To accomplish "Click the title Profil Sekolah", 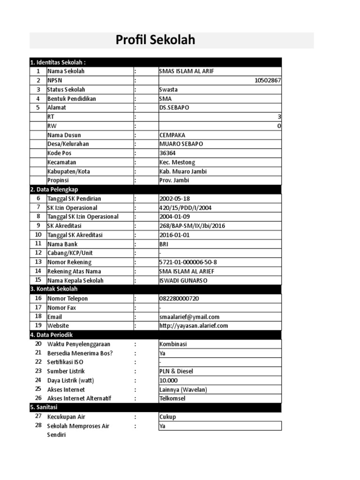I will click(155, 40).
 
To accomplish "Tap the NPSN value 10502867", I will click(267, 81).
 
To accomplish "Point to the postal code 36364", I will click(168, 153).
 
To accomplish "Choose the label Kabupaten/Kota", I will click(68, 172).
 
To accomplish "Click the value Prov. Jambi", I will click(174, 180).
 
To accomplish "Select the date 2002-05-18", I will click(174, 199).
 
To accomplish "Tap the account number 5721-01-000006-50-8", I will click(188, 262).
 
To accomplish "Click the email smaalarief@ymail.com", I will click(189, 317).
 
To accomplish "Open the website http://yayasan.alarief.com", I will click(194, 326).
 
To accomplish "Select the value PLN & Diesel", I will click(176, 371).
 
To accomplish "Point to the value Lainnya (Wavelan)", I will click(183, 390).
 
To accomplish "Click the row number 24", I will click(38, 380).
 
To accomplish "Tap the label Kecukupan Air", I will click(66, 417).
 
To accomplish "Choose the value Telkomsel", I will click(172, 398).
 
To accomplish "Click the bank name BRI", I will click(164, 244).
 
